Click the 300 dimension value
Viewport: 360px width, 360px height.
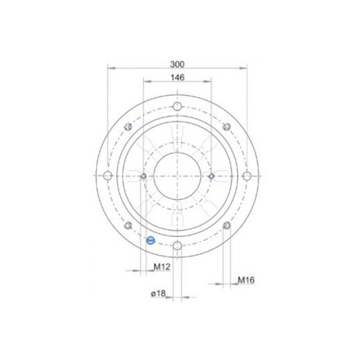tap(177, 64)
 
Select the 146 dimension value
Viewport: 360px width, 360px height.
tap(177, 77)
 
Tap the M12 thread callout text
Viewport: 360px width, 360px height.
tap(162, 266)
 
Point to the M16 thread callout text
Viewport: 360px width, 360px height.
tap(246, 279)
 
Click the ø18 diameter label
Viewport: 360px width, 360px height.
tap(158, 293)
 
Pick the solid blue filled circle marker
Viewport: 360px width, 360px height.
tap(150, 241)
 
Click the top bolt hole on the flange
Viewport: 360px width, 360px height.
tap(177, 106)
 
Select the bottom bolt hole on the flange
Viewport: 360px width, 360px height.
tap(177, 245)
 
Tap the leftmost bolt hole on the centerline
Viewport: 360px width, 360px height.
tap(108, 176)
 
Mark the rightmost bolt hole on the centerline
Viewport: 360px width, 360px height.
tap(247, 176)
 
